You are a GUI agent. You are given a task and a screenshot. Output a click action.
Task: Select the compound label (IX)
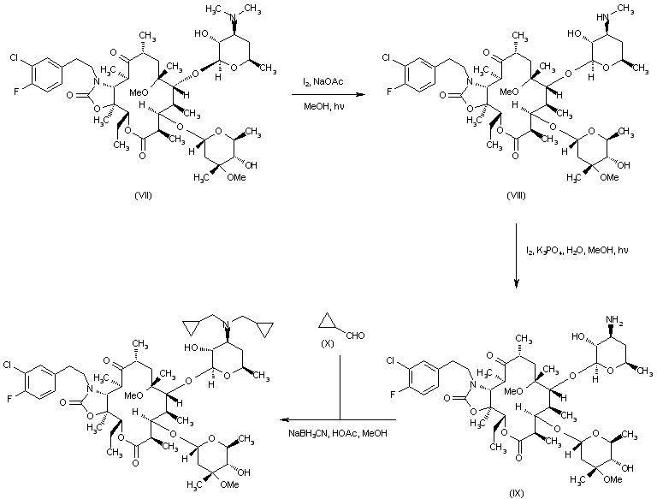514,492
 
